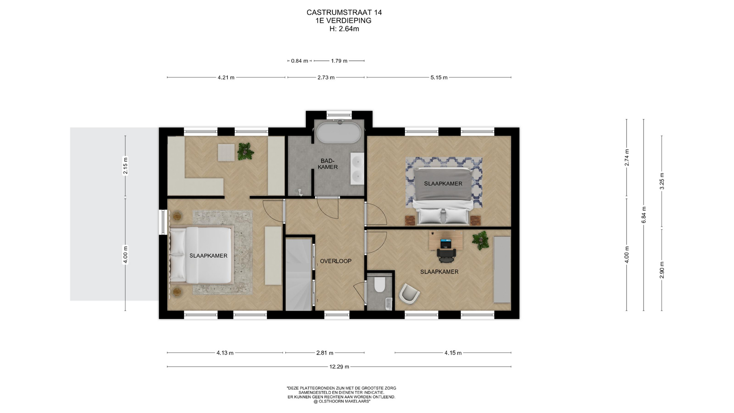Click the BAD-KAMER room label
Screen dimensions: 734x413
coord(328,164)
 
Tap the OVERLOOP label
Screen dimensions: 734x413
coord(336,261)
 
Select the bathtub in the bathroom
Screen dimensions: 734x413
coord(339,132)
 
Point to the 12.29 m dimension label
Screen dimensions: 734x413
coord(339,367)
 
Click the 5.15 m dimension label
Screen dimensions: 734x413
coord(439,78)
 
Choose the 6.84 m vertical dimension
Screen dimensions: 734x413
coord(644,215)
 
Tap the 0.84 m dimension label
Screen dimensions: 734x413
coord(299,61)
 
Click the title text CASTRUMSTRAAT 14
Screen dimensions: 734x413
coord(344,12)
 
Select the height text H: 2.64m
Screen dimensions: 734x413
coord(344,29)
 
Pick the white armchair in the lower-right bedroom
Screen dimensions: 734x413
coord(409,294)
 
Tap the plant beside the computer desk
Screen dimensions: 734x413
coord(481,241)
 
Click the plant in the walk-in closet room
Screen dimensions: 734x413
coord(245,151)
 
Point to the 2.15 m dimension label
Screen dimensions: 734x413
coord(125,166)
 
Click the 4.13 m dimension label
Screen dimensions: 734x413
coord(225,353)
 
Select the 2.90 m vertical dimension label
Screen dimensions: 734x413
coord(662,270)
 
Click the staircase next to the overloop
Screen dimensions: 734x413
coord(299,275)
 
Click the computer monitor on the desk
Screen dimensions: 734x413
coord(446,243)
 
